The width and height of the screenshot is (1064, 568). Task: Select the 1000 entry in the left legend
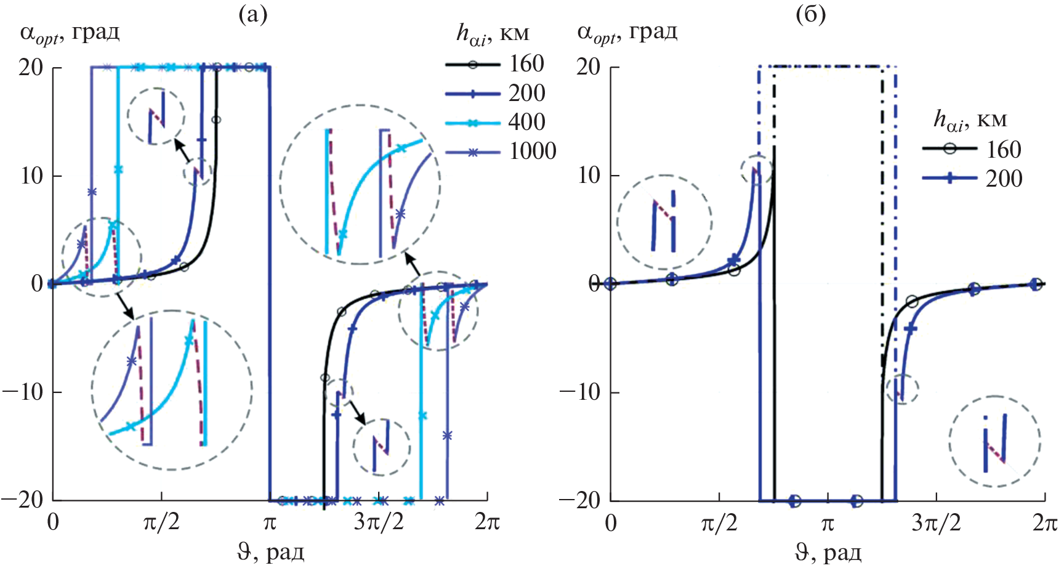click(x=533, y=151)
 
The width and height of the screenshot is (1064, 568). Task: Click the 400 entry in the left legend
click(x=527, y=122)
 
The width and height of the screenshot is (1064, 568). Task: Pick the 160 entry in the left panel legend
click(x=526, y=64)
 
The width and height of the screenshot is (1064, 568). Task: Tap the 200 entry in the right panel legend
click(x=1004, y=179)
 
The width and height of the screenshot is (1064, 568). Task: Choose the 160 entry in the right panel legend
click(x=1004, y=150)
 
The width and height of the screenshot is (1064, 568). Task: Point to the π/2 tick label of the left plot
click(x=161, y=522)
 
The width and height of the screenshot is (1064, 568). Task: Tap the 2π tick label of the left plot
click(x=487, y=522)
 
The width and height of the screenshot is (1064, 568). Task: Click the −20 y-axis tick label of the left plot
click(x=23, y=500)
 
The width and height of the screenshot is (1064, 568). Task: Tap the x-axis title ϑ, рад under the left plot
click(x=270, y=552)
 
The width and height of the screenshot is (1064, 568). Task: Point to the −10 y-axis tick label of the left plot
click(x=23, y=392)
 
